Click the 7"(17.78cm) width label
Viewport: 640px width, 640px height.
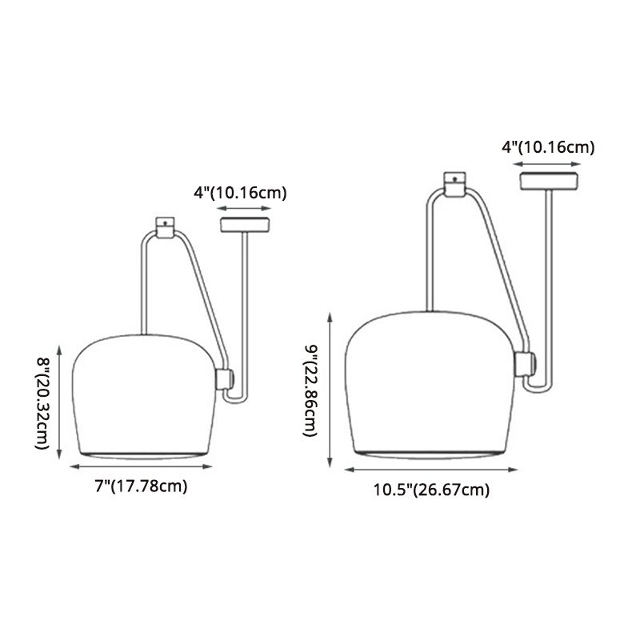142,486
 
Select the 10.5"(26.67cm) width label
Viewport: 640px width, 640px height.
431,490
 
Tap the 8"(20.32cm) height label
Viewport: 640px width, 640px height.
42,403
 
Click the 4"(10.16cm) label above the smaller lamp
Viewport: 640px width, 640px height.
240,193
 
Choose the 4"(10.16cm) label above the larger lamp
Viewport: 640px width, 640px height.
548,147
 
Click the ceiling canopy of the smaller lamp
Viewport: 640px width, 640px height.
245,225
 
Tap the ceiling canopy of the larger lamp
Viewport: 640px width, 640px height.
549,182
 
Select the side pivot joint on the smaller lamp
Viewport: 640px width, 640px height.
225,378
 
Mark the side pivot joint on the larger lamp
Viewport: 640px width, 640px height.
526,364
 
